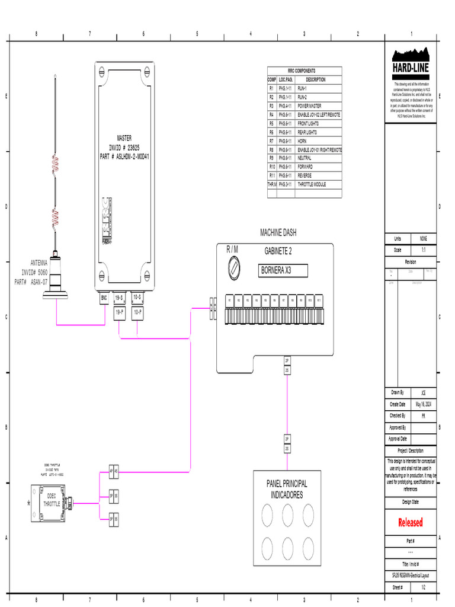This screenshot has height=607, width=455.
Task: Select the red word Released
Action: point(410,522)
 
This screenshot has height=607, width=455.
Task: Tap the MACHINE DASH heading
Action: point(278,232)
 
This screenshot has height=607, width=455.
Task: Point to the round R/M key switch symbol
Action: point(235,271)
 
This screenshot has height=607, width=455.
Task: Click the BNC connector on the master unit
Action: point(104,298)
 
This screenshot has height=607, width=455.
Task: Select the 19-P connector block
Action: point(119,311)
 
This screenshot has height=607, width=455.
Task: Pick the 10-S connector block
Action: point(137,298)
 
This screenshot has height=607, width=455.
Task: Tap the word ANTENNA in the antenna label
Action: point(39,263)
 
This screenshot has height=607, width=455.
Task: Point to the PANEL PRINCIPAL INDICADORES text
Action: point(287,489)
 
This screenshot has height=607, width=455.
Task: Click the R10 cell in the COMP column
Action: point(272,167)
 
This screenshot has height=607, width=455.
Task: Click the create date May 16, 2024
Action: point(423,404)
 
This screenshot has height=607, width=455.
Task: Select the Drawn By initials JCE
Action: point(423,392)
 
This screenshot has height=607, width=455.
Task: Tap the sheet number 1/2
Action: point(423,587)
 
